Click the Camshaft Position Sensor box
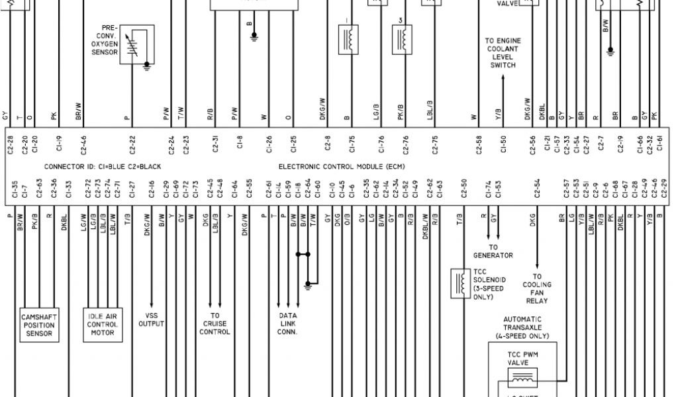pos(38,324)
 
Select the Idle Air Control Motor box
pos(103,324)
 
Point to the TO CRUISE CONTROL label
pos(215,324)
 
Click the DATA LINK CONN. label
pos(287,324)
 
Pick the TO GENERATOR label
pos(493,252)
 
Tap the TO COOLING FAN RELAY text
pos(536,288)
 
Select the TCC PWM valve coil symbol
pos(522,378)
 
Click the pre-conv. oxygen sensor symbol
pos(138,45)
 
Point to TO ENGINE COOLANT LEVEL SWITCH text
pos(503,53)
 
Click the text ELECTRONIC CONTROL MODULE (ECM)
pos(341,167)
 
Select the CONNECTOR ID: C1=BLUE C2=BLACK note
pos(102,167)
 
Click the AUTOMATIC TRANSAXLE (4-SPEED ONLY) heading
pos(522,328)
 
